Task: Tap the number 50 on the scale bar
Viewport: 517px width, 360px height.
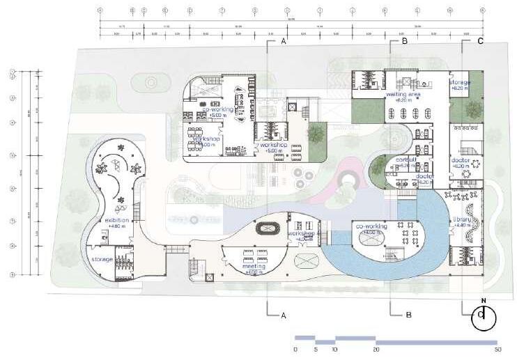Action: pyautogui.click(x=497, y=349)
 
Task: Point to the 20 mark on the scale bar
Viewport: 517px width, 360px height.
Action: pyautogui.click(x=376, y=349)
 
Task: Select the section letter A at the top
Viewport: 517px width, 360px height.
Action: pyautogui.click(x=284, y=42)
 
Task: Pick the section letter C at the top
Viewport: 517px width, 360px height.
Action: pyautogui.click(x=481, y=42)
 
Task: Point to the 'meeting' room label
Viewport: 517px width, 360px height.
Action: pyautogui.click(x=254, y=266)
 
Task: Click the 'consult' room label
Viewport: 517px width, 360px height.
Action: pyautogui.click(x=406, y=159)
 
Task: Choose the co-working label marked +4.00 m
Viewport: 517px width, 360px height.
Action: pyautogui.click(x=371, y=226)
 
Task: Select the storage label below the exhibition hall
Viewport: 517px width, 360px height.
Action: pyautogui.click(x=102, y=259)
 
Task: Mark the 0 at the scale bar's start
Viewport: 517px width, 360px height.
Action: pyautogui.click(x=295, y=349)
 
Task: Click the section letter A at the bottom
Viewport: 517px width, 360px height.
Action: pyautogui.click(x=284, y=315)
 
